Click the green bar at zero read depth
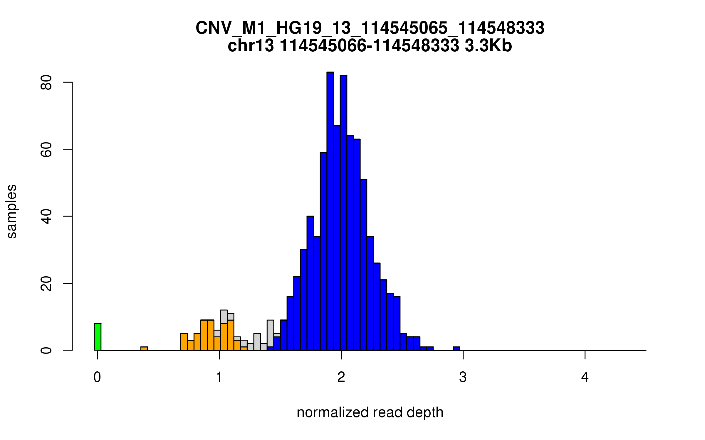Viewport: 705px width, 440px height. (98, 337)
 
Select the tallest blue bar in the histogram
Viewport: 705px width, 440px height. (330, 211)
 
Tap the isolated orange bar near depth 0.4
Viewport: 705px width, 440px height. (144, 348)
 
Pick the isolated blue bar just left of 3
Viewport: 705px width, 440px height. (456, 348)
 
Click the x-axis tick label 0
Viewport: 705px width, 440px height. (97, 377)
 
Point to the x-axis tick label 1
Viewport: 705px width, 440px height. (219, 377)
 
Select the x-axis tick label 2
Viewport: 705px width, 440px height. (341, 377)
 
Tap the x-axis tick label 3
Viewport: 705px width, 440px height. (463, 377)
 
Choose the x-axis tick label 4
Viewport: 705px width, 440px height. (585, 377)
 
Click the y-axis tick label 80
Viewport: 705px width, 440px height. (46, 82)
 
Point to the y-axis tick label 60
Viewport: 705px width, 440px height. (46, 149)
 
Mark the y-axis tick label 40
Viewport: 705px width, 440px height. (46, 216)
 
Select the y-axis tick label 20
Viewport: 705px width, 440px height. (46, 283)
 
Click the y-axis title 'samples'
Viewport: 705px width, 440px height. (12, 211)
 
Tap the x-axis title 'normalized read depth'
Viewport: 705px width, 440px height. (370, 412)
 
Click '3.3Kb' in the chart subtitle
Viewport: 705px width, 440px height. (488, 46)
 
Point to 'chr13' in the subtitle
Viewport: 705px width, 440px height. (251, 46)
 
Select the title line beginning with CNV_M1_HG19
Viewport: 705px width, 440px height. (370, 28)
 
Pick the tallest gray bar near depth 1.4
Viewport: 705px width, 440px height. (270, 333)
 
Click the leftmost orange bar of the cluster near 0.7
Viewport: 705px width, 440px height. (184, 342)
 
